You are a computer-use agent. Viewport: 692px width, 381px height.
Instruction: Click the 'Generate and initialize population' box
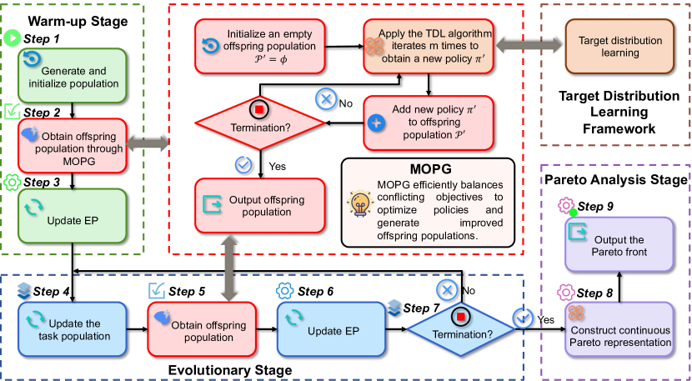coord(76,74)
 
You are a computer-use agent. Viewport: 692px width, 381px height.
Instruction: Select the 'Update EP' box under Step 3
coord(76,214)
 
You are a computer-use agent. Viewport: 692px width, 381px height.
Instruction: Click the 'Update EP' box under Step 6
coord(328,329)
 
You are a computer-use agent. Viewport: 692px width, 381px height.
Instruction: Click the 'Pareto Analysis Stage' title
coord(615,179)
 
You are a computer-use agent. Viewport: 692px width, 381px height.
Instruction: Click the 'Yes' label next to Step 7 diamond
coord(547,318)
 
